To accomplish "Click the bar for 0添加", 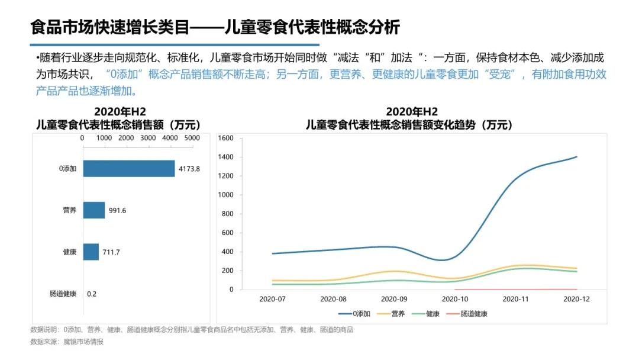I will click(x=128, y=169).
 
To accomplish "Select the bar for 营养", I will click(x=93, y=210).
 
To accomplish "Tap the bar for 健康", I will click(x=91, y=252).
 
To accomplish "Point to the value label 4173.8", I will click(x=189, y=169).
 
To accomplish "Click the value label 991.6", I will click(x=117, y=210).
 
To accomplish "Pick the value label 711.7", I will click(x=112, y=252).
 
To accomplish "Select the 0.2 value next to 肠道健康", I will click(x=92, y=294).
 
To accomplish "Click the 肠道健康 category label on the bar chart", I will click(x=63, y=294).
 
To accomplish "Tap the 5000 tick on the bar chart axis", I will click(x=192, y=137).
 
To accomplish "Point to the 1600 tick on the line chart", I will click(x=227, y=138).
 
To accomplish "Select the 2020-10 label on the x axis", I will click(x=455, y=299).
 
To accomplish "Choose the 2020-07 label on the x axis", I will click(x=272, y=299).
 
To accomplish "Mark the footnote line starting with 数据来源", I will click(x=67, y=342).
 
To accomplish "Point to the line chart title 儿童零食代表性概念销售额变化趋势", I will click(x=409, y=125).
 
